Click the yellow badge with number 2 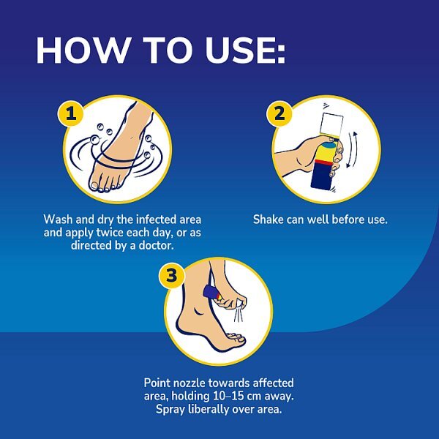click(x=278, y=114)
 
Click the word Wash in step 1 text click(x=59, y=219)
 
